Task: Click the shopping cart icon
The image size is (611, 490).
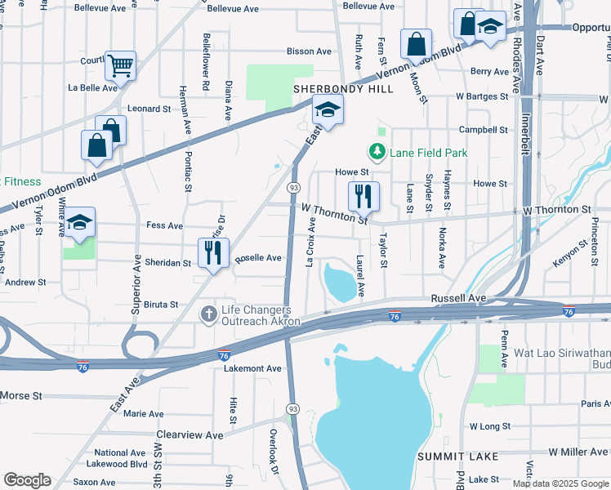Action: point(120,65)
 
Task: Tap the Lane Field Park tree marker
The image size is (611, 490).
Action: point(377,151)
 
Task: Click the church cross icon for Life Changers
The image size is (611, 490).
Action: point(209,313)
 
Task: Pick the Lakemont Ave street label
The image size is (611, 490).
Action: point(252,369)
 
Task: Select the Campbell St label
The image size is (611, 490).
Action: point(484,130)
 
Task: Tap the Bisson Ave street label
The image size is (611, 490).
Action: point(309,51)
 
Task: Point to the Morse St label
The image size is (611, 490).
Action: point(21,396)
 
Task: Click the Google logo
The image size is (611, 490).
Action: point(27,480)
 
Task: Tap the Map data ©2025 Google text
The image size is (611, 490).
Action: point(560,483)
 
